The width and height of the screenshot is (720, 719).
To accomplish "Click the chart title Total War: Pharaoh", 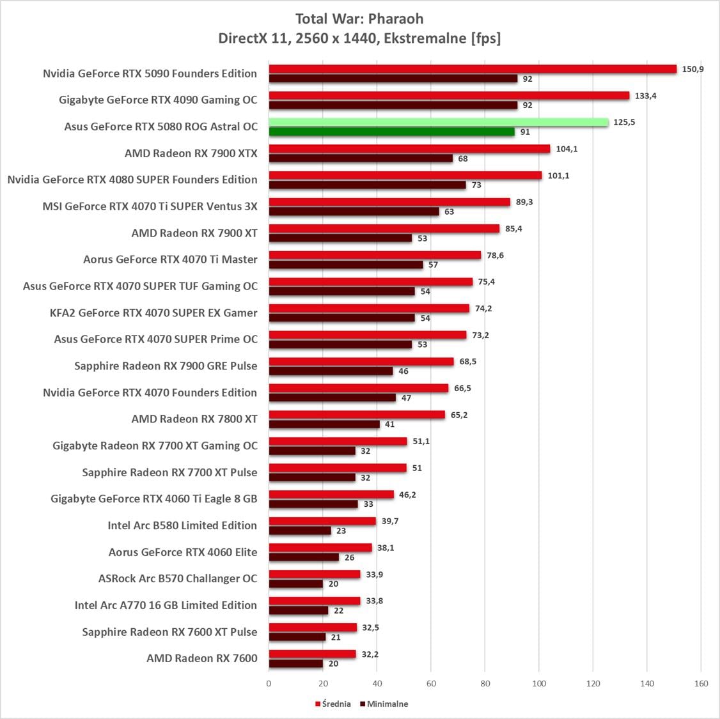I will [359, 19].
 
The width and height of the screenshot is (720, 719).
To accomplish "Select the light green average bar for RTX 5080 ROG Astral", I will [438, 122].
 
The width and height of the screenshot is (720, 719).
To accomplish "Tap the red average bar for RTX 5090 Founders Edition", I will [472, 69].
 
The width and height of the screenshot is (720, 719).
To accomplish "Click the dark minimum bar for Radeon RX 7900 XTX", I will [361, 158].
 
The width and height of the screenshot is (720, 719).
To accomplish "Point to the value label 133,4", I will [645, 96].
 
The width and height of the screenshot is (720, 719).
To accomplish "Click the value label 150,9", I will [693, 69].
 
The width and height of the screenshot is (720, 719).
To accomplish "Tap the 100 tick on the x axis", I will [539, 683].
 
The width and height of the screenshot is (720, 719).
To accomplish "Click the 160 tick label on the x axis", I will [701, 683].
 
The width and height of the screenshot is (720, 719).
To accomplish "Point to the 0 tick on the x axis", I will [269, 683].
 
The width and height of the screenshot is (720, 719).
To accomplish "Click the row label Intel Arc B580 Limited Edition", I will [182, 525].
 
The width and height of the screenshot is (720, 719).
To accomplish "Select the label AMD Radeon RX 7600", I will [201, 658].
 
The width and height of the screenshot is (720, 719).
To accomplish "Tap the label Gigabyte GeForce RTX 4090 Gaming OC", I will [158, 100].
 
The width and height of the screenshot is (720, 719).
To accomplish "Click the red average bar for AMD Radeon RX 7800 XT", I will [356, 415].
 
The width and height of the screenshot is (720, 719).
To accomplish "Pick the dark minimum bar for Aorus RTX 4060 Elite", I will [304, 557].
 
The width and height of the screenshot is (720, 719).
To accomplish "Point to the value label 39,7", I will [390, 522].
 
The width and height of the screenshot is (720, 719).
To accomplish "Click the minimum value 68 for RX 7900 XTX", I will [463, 158].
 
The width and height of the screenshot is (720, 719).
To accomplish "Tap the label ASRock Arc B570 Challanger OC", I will [178, 578].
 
